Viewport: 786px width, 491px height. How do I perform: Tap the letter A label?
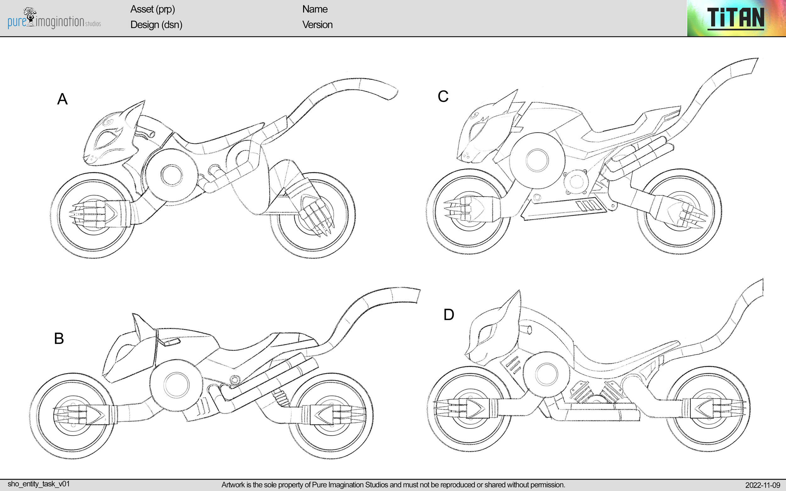point(62,99)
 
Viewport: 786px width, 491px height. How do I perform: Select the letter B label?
point(59,338)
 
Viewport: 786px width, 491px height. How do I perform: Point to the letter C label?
point(443,96)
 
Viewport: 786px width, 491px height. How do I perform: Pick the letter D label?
point(448,315)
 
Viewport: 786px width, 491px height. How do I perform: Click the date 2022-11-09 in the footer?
point(762,485)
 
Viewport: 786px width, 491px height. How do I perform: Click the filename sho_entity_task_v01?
point(39,484)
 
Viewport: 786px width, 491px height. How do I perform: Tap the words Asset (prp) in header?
point(152,9)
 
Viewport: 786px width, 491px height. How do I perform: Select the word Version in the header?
point(317,25)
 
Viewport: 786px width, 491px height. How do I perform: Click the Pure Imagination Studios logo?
point(54,19)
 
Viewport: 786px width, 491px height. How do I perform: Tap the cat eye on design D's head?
point(485,335)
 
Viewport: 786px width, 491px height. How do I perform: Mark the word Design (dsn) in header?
point(156,25)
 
